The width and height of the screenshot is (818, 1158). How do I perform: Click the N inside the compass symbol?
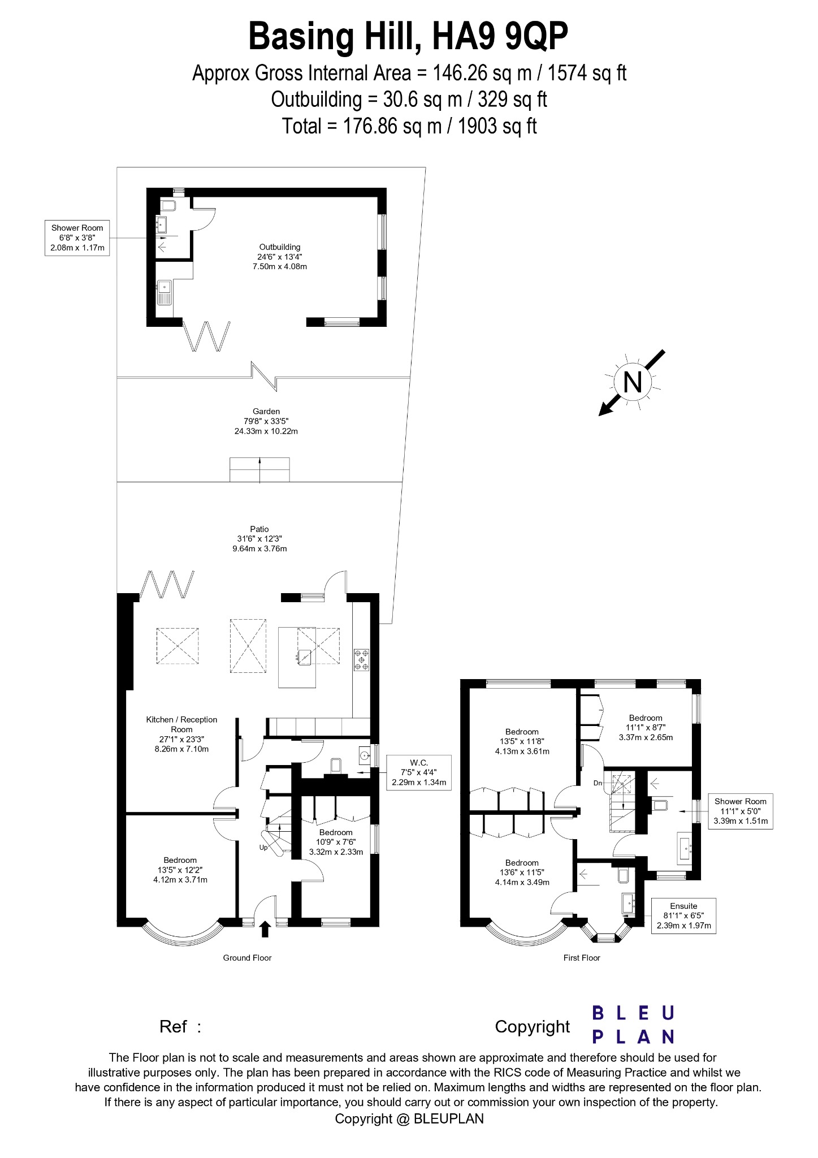[632, 382]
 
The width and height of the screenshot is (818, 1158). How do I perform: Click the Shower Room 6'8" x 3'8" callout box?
[77, 237]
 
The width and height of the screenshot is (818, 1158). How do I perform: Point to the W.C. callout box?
[419, 772]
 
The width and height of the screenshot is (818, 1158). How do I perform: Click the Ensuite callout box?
[683, 915]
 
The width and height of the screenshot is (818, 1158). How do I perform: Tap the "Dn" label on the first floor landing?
[598, 783]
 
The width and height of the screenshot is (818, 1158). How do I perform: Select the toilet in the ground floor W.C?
[336, 766]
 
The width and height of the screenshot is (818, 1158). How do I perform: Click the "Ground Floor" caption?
[247, 958]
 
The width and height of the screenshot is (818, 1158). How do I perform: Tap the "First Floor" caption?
[582, 958]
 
